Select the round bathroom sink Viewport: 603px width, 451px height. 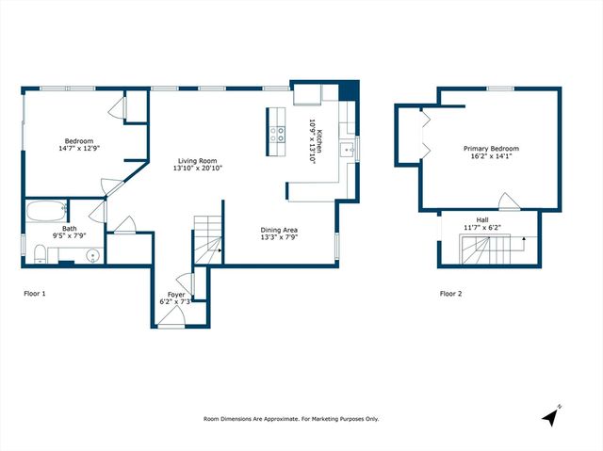tap(92, 255)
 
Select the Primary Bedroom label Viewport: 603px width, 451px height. tap(491, 149)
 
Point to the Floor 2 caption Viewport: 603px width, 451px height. tap(451, 294)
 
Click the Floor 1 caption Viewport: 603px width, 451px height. tap(35, 294)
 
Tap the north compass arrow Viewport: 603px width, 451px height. tap(551, 415)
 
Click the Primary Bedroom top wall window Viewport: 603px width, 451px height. tap(500, 89)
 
